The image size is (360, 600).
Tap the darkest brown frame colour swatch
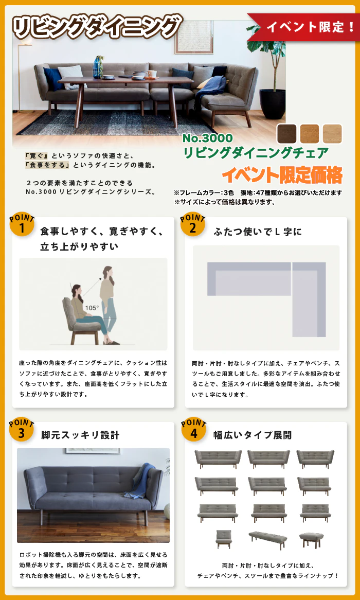click(286, 134)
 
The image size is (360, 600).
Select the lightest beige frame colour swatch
click(332, 134)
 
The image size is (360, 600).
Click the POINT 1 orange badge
click(22, 224)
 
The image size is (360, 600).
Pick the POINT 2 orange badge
click(193, 224)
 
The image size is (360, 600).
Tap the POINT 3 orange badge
click(22, 429)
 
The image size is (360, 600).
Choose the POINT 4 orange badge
click(193, 429)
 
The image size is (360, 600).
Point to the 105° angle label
click(92, 307)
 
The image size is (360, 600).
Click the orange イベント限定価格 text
click(282, 175)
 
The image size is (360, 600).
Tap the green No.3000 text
click(207, 137)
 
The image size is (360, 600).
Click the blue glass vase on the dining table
click(98, 66)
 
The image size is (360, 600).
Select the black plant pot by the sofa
click(273, 104)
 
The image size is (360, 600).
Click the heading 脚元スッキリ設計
click(80, 435)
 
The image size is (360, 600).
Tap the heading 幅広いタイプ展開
click(253, 435)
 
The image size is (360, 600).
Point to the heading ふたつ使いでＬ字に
click(258, 232)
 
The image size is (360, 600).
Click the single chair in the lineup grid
click(223, 539)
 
